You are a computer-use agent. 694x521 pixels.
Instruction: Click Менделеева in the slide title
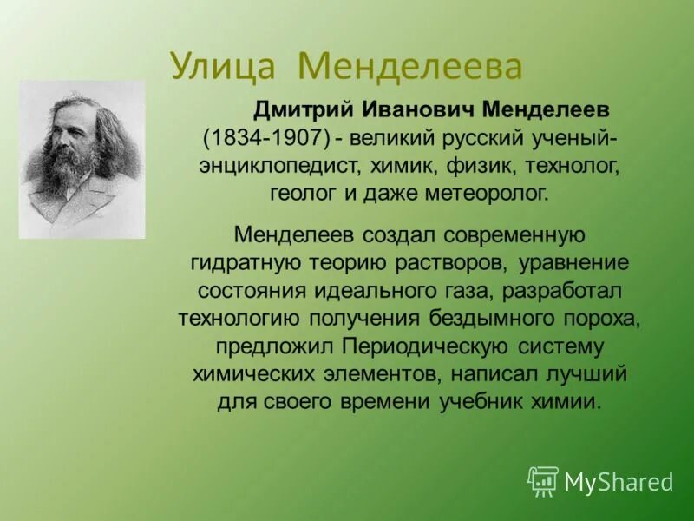pyautogui.click(x=409, y=65)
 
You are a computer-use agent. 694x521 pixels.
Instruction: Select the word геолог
pyautogui.click(x=304, y=193)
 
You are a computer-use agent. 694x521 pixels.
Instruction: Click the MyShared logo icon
pyautogui.click(x=543, y=481)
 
